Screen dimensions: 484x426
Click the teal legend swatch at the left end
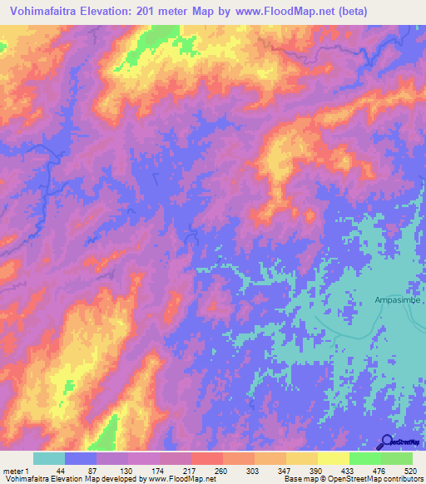(48, 458)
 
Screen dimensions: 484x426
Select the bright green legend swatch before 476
(364, 458)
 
